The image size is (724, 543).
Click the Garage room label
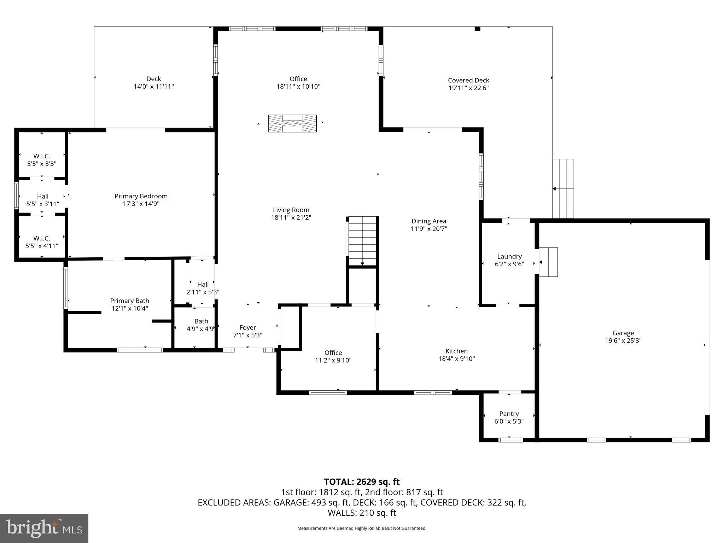pos(623,333)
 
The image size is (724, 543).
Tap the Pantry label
pos(509,414)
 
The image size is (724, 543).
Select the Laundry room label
pos(509,257)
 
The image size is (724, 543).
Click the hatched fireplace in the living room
pos(292,123)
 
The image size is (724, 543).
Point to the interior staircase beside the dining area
pos(362,241)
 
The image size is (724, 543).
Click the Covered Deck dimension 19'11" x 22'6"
pos(468,88)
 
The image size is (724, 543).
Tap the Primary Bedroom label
pos(141,196)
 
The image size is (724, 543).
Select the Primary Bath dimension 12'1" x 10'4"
pos(129,308)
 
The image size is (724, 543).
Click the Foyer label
pos(247,328)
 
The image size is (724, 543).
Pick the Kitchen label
pos(456,351)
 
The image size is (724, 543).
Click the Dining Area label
pos(428,221)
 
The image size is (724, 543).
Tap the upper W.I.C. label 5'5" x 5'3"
pos(42,160)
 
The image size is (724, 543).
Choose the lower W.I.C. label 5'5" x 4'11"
pos(42,242)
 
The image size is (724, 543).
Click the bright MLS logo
pos(44,528)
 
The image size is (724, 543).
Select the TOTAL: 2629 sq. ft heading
pos(362,482)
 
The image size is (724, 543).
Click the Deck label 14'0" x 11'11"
pos(153,82)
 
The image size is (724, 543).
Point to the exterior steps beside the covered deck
pos(563,189)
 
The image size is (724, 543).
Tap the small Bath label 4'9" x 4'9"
pos(201,325)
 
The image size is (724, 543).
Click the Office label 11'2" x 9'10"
pos(333,356)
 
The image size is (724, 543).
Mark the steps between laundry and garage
pos(548,262)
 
